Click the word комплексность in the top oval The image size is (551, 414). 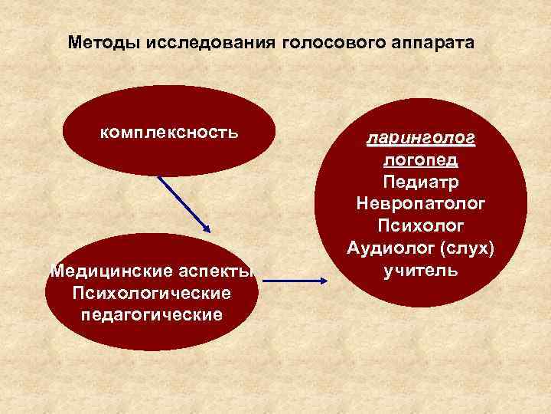click(x=169, y=132)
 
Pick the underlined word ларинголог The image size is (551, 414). click(x=421, y=140)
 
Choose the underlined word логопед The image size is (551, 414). click(x=421, y=162)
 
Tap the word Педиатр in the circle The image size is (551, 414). click(x=421, y=183)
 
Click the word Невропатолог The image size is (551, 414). click(x=421, y=205)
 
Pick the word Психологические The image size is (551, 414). click(x=151, y=294)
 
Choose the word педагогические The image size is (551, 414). click(x=151, y=315)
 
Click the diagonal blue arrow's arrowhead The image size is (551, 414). click(x=207, y=228)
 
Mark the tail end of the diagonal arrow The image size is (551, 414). click(x=159, y=176)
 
